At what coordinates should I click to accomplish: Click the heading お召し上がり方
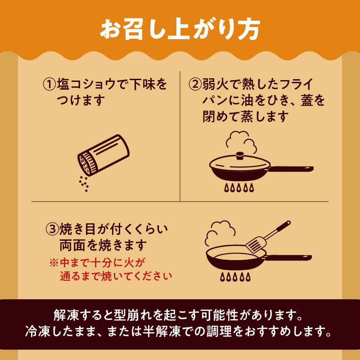180,29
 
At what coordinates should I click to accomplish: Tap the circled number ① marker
49,85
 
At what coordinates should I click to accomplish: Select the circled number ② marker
195,85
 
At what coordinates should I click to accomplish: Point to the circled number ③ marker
52,229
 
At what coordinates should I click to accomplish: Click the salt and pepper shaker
103,155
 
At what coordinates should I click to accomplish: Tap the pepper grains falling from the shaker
84,184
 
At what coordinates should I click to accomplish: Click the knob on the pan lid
240,155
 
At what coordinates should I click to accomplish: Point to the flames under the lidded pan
239,188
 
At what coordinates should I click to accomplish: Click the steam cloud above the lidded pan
241,142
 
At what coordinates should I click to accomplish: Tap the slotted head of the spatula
256,244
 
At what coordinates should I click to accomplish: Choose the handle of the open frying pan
288,257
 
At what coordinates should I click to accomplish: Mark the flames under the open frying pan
235,277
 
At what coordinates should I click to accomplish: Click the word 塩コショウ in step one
86,85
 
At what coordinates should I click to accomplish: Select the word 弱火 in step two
215,85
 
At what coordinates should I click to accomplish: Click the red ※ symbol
54,263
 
